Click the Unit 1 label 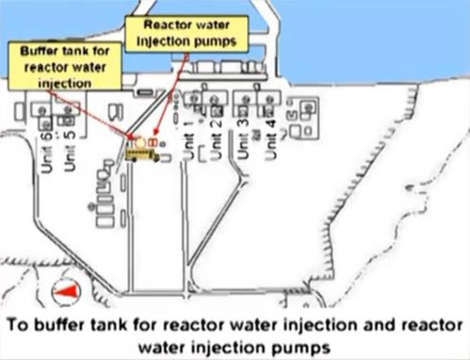(188, 139)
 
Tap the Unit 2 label (217, 139)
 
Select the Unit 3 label (243, 139)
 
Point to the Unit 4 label (270, 139)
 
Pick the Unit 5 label (70, 151)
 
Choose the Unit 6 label (47, 153)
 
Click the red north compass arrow (66, 291)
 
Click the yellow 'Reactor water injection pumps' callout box (186, 34)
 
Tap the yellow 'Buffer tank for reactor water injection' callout (65, 66)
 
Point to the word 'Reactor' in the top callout (165, 25)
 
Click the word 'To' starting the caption (19, 325)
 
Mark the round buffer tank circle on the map (140, 143)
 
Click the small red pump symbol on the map (153, 142)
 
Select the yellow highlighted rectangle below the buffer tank (140, 154)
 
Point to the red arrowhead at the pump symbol (157, 134)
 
